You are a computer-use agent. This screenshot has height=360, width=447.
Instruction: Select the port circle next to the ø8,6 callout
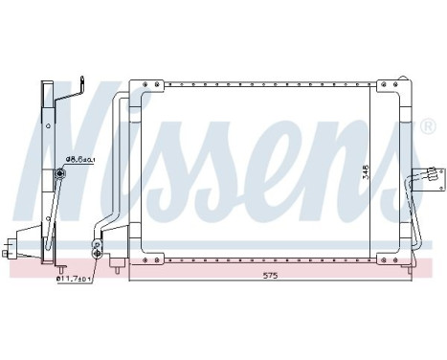tap(59, 173)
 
